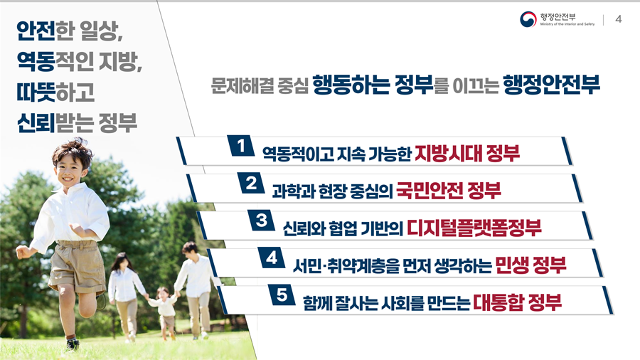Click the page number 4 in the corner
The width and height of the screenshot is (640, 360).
[619, 19]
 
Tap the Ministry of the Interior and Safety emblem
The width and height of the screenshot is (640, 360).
[528, 19]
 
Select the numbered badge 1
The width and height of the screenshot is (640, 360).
[241, 146]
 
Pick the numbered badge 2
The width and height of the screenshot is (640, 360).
[251, 183]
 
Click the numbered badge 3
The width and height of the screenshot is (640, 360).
[261, 221]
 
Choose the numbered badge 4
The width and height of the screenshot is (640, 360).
[272, 258]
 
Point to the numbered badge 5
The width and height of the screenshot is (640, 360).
[282, 295]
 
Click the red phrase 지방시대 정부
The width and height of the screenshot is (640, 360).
[467, 154]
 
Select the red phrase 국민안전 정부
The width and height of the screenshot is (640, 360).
[449, 191]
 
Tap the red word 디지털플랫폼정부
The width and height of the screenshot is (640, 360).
[474, 228]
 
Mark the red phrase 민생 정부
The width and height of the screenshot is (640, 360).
[530, 265]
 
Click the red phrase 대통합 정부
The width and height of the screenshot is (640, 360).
[518, 302]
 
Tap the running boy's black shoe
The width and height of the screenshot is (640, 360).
[73, 344]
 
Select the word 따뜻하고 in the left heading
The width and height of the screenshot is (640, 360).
[56, 92]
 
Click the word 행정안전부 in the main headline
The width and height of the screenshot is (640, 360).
[551, 85]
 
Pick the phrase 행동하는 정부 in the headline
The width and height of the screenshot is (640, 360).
[373, 85]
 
